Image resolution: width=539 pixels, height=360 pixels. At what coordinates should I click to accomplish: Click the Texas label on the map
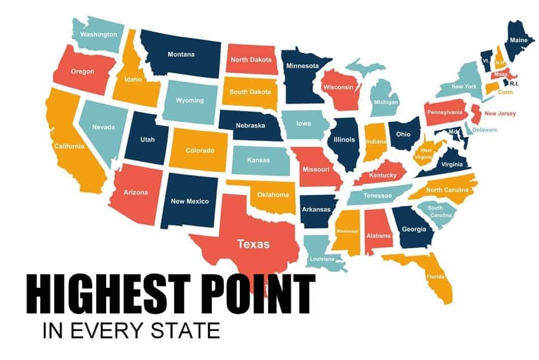253,244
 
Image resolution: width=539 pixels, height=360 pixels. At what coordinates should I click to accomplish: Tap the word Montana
181,54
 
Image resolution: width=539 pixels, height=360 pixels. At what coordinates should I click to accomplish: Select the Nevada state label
103,127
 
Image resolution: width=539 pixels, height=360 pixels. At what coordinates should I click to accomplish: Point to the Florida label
436,277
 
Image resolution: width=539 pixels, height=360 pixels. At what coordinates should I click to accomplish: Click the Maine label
519,40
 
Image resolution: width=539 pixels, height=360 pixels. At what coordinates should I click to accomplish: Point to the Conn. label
506,92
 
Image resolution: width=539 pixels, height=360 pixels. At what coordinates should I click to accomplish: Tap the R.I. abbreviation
514,83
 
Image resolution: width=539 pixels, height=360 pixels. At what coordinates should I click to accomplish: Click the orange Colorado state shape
199,150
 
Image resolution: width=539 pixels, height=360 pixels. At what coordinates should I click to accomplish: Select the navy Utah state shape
147,139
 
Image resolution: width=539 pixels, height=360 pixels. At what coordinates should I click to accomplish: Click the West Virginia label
426,154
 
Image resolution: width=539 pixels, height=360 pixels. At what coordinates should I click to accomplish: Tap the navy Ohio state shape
403,135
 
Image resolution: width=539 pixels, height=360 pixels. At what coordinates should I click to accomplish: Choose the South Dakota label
250,92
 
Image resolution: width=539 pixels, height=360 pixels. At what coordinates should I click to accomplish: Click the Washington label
99,35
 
